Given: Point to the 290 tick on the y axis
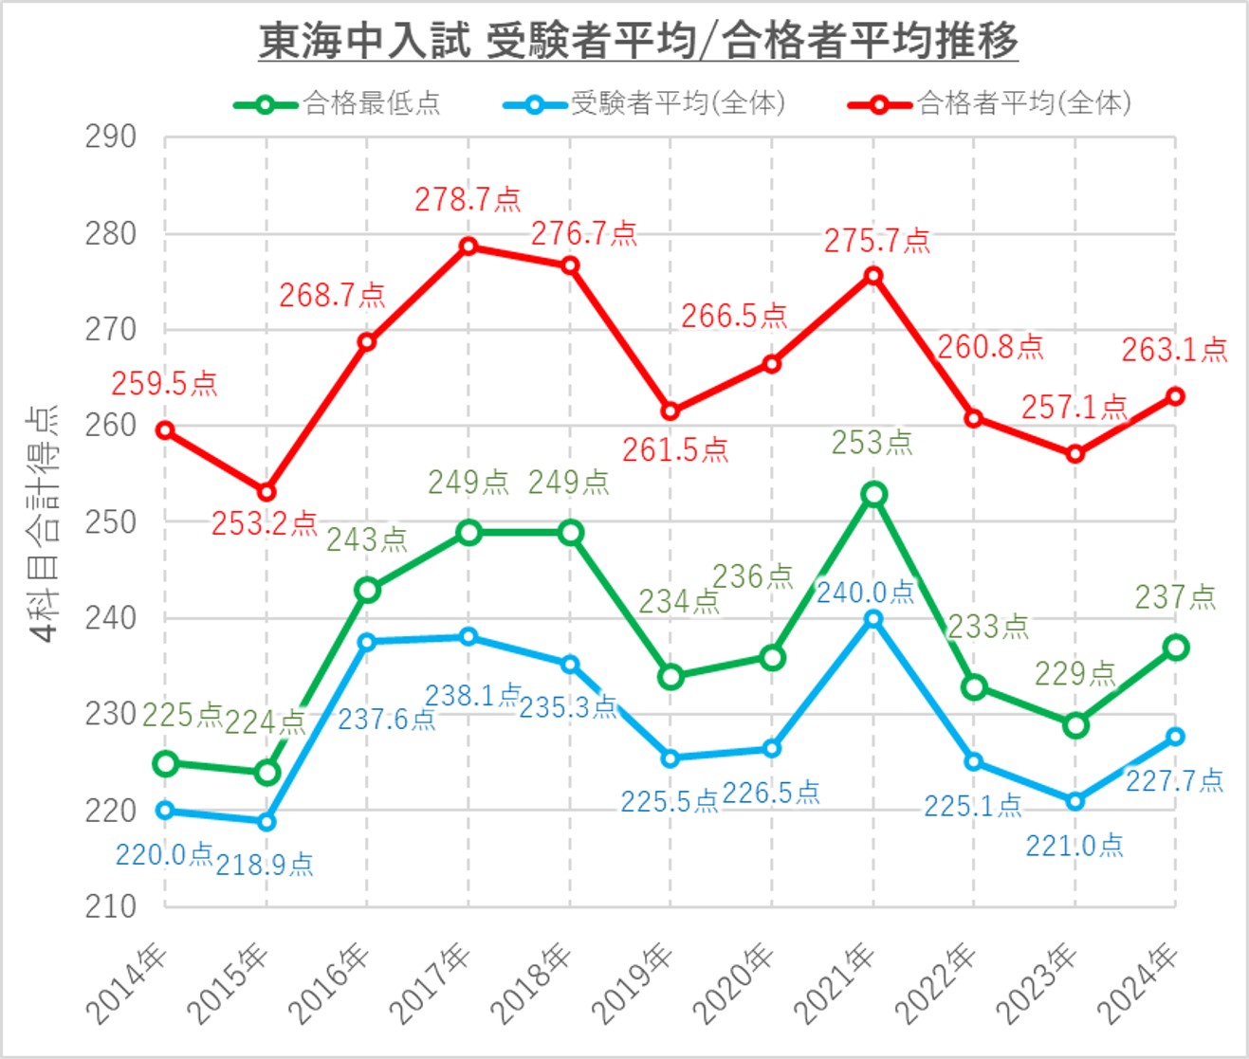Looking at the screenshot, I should pos(111,137).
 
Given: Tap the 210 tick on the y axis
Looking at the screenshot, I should pos(111,906).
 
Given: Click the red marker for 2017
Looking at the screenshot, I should pos(468,246).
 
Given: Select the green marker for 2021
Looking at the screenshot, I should pos(873,494).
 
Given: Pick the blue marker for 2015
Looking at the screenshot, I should pos(266,821).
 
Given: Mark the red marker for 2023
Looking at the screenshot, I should pos(1075,454).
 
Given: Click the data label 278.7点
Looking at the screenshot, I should pos(468,199).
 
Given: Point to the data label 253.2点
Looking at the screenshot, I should pos(264,522).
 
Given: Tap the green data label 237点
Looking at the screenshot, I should pos(1175,596).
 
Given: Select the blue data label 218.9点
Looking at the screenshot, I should pos(264,865).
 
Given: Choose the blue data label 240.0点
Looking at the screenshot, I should pos(865,593).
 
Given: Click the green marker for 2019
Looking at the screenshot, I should pos(670,677).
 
